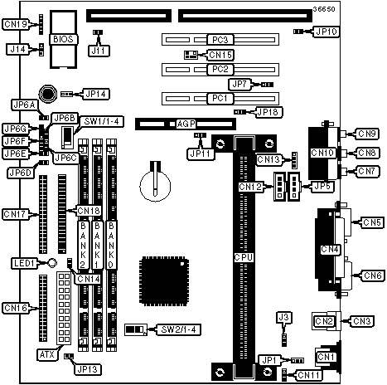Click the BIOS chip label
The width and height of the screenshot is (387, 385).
click(x=63, y=39)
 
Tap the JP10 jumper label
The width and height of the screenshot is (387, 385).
click(x=327, y=32)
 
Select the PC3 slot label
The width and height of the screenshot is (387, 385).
click(x=220, y=40)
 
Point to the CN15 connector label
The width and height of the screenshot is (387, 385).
click(x=220, y=55)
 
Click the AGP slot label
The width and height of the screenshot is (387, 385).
click(x=186, y=124)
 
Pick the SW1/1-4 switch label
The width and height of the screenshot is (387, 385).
click(x=101, y=121)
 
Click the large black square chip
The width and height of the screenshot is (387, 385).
click(x=164, y=281)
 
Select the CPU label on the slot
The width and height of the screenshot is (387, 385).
click(x=244, y=257)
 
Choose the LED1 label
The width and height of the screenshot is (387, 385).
click(x=24, y=263)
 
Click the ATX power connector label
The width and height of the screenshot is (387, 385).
click(x=47, y=354)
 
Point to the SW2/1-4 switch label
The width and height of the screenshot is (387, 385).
click(x=178, y=329)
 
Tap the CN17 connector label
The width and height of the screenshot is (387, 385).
click(x=15, y=214)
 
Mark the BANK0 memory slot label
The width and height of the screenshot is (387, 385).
click(x=111, y=245)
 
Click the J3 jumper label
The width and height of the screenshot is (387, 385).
click(x=283, y=317)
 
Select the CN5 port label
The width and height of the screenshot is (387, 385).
click(x=372, y=222)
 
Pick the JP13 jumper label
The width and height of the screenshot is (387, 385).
click(x=87, y=369)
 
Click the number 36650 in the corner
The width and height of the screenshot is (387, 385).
click(x=324, y=9)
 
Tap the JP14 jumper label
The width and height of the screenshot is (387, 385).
click(x=95, y=94)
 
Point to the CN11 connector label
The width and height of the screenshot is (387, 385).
click(x=309, y=375)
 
